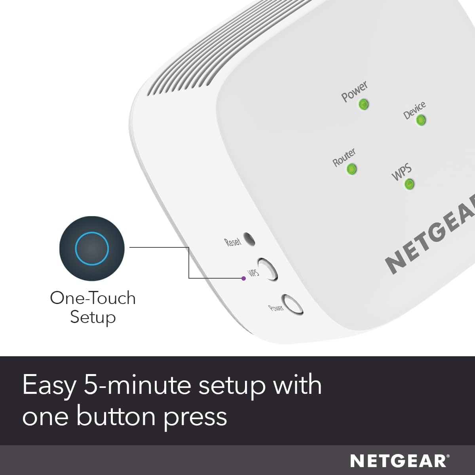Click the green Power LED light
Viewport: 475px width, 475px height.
[363, 104]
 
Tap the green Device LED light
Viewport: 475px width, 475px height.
[421, 120]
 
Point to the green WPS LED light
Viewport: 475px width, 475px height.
[409, 184]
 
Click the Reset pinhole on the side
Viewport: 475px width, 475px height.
[249, 239]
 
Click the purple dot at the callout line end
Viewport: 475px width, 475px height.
[243, 278]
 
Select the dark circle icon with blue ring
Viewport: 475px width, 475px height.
[92, 248]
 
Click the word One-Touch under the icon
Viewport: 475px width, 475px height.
[93, 298]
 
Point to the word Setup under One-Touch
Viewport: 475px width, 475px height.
[93, 317]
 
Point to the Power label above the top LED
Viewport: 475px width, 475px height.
[354, 91]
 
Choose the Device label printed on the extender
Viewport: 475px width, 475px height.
[414, 110]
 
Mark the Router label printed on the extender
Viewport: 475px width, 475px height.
[344, 157]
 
